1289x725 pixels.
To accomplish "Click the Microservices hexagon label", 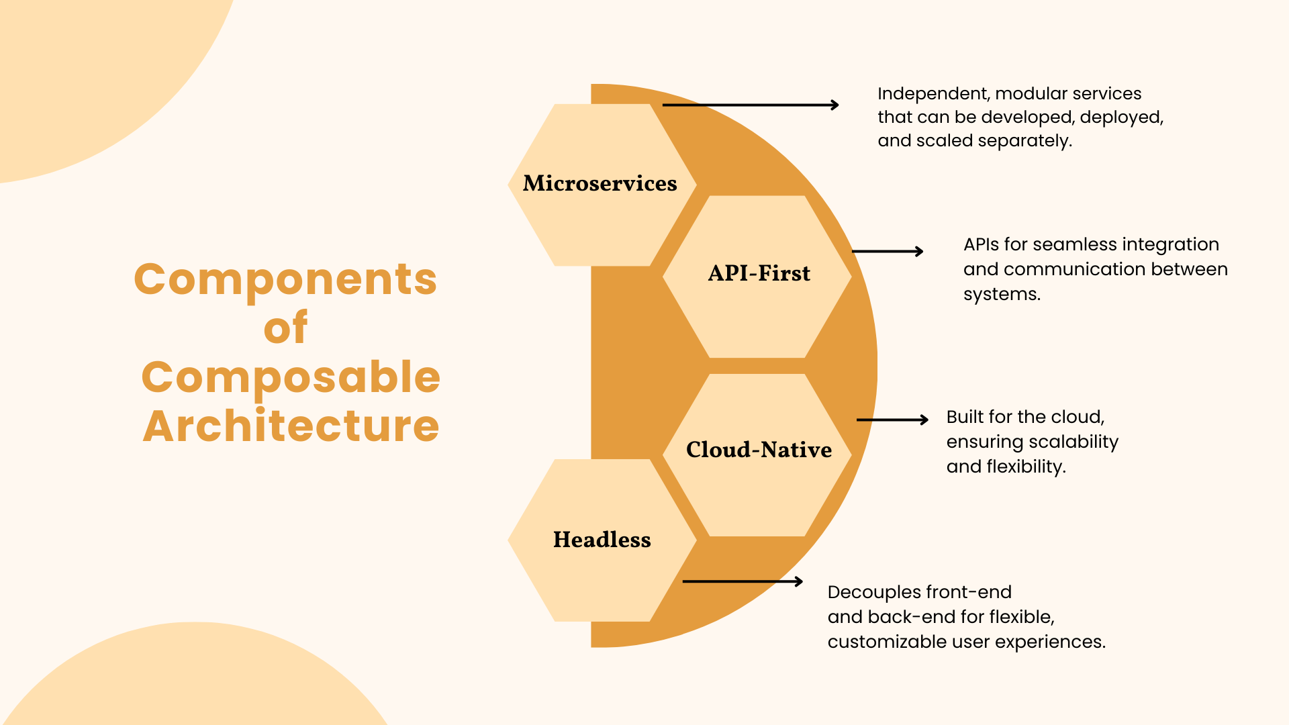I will coord(600,183).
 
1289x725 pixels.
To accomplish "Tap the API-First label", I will coord(759,273).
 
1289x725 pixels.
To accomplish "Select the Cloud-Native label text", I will coord(759,450).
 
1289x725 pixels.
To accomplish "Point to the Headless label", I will coord(602,540).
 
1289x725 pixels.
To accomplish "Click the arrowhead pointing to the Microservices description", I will coord(834,105).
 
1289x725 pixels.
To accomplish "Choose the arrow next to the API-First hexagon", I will coord(888,252).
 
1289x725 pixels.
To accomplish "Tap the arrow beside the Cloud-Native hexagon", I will coord(892,420).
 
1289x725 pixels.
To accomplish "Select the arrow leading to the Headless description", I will coord(743,581).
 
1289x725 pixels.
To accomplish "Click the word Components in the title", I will coord(285,279).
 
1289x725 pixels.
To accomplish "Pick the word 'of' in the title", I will coord(285,328).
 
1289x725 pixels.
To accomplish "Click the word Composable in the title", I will coord(291,377).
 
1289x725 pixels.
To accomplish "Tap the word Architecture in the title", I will coord(291,426).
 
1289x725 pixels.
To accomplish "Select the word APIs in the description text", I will coord(981,245).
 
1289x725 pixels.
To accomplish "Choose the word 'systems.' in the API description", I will coord(1002,295).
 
